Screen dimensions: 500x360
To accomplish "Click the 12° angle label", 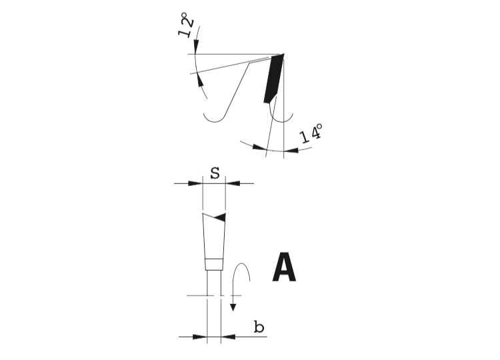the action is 186,25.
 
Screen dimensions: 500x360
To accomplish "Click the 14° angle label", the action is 311,133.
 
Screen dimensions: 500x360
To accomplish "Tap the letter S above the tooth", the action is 215,173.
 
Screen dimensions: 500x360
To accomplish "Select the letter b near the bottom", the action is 259,327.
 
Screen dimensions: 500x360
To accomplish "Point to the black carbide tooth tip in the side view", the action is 273,78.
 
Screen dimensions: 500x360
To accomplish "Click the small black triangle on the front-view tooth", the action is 220,217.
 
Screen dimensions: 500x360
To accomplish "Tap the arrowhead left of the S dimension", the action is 195,184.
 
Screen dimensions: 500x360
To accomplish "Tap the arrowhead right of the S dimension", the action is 233,184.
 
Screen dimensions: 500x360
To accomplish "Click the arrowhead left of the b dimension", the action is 200,337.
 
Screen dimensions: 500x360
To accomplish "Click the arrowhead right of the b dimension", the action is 228,337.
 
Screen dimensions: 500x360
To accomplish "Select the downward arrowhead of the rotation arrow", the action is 233,307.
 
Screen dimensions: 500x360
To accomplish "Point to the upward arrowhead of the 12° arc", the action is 200,79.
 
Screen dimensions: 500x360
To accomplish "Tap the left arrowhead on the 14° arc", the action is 259,147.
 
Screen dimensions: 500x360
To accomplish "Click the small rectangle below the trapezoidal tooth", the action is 213,265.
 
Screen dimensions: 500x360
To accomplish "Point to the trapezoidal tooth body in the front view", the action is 214,236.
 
